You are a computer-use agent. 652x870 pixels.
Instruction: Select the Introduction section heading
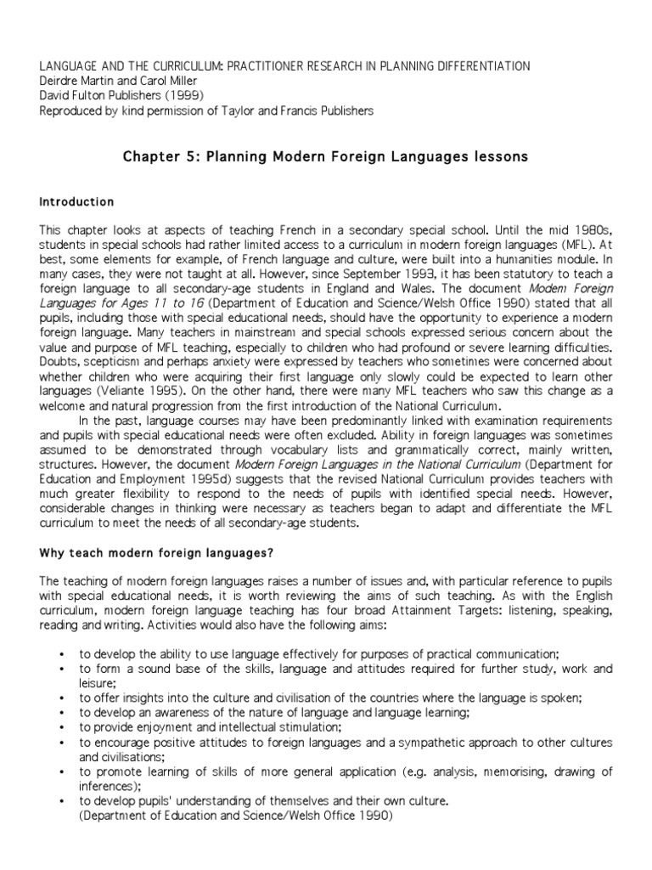[x=76, y=202]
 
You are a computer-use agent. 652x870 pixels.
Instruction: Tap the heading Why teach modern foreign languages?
[x=156, y=553]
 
